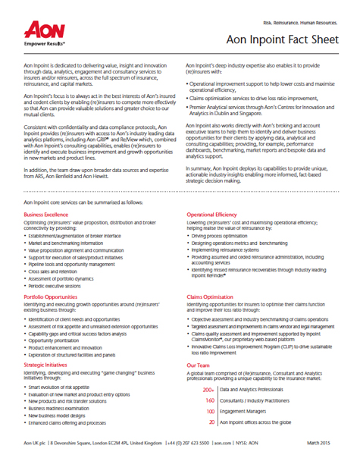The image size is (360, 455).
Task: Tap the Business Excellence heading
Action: [x=44, y=215]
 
